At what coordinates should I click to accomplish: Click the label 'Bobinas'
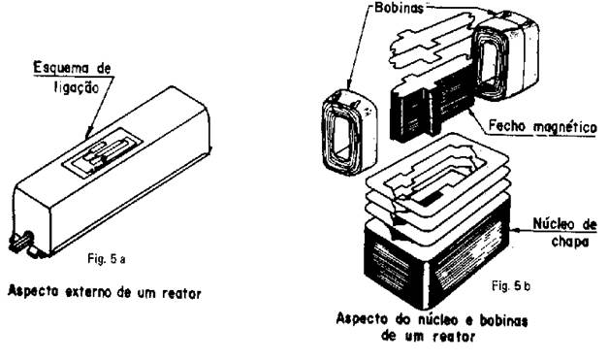[x=400, y=8]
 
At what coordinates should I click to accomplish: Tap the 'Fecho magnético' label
[x=542, y=126]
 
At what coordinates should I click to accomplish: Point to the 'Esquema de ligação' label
[x=72, y=78]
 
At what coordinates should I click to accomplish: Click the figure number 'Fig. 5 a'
[x=107, y=259]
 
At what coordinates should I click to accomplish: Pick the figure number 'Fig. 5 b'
[x=511, y=286]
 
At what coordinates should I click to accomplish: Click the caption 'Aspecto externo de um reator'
[x=105, y=292]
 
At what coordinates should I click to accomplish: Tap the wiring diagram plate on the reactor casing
[x=103, y=152]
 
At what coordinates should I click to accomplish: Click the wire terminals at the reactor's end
[x=22, y=243]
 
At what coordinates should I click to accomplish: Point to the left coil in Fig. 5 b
[x=349, y=132]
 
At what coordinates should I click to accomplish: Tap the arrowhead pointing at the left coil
[x=348, y=85]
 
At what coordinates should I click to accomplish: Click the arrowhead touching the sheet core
[x=514, y=230]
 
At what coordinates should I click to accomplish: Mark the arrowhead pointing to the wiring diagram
[x=88, y=134]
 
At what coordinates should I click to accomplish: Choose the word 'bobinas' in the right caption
[x=503, y=320]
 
